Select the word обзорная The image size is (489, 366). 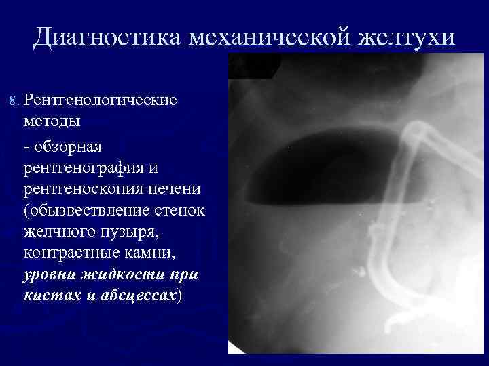pyautogui.click(x=67, y=146)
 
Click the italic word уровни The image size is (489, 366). pyautogui.click(x=50, y=277)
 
